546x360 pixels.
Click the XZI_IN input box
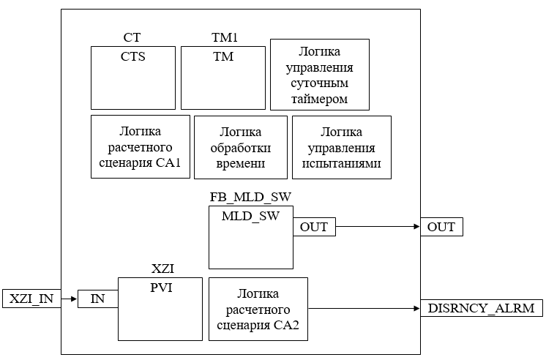[x=31, y=299]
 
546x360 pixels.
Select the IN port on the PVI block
[x=98, y=299]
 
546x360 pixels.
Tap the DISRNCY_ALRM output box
[x=481, y=308]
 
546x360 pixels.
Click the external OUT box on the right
[x=441, y=227]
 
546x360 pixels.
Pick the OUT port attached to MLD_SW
[x=314, y=227]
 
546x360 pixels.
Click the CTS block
[x=133, y=78]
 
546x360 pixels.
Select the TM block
[x=222, y=78]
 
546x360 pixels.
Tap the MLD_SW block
[x=250, y=237]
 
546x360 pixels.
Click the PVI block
[x=160, y=308]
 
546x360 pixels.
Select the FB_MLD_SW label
[x=250, y=198]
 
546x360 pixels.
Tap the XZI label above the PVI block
[x=161, y=269]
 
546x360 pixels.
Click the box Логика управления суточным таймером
[x=319, y=74]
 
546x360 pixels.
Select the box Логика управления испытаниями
[x=341, y=147]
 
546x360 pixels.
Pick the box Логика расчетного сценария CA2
[x=258, y=309]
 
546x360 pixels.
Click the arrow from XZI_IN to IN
[x=69, y=299]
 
